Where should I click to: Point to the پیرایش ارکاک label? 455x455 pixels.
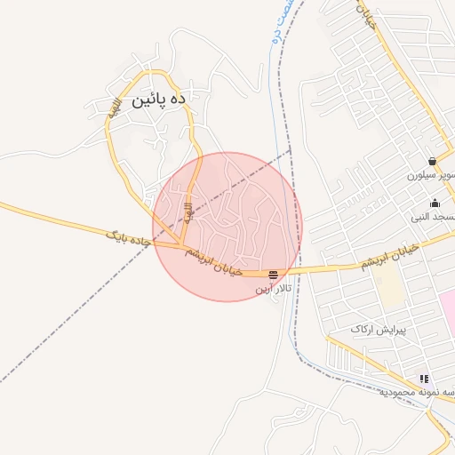pyautogui.click(x=377, y=330)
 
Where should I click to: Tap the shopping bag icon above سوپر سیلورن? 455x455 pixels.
pyautogui.click(x=432, y=162)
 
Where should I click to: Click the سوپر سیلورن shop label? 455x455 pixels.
pyautogui.click(x=432, y=175)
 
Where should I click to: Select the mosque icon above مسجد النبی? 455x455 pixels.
pyautogui.click(x=435, y=204)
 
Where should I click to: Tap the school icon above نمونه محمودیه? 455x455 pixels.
pyautogui.click(x=424, y=379)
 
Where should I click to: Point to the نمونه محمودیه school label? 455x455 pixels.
pyautogui.click(x=418, y=392)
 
